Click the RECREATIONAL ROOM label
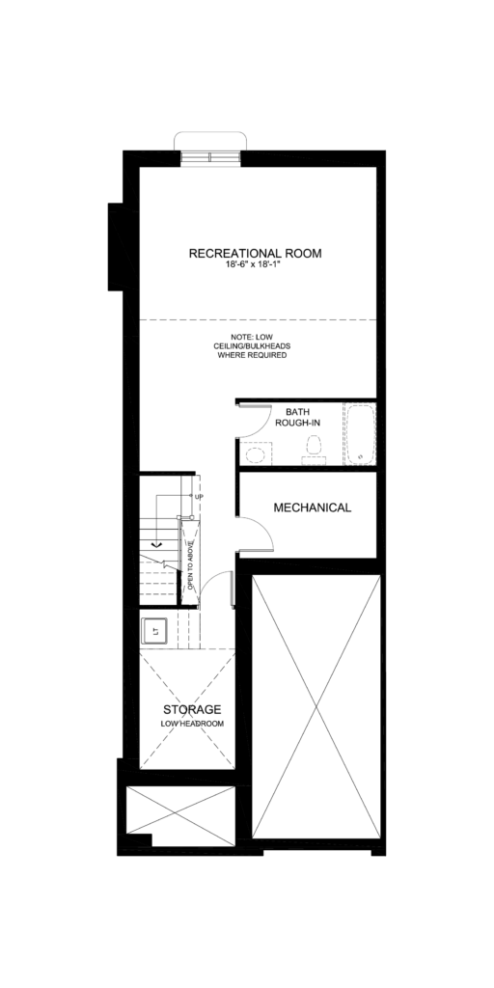point(255,254)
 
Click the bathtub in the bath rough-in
point(359,433)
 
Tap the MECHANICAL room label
point(312,508)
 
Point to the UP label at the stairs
point(200,497)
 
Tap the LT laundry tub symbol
point(153,631)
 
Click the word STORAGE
point(184,709)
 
